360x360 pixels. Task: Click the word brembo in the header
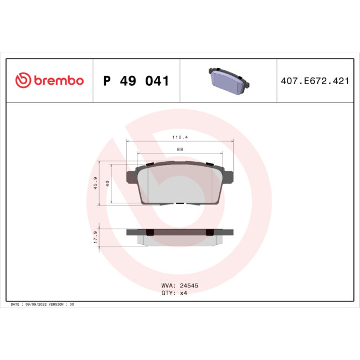pos(59,81)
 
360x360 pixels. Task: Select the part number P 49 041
pos(136,81)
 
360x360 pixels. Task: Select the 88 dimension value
pos(181,149)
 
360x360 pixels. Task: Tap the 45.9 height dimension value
pos(96,183)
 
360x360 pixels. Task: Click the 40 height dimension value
pos(108,183)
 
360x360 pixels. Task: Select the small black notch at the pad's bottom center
pos(180,203)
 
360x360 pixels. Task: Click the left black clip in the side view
pos(150,232)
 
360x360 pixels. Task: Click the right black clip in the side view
pos(210,232)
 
